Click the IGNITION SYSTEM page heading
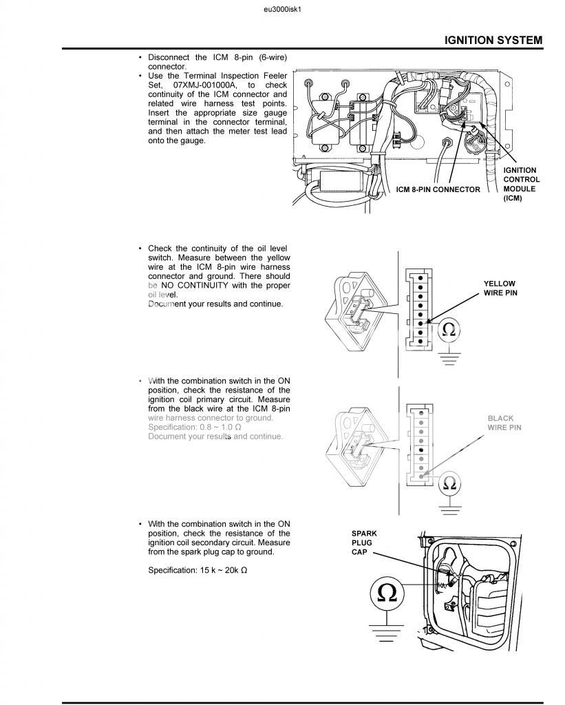pos(493,40)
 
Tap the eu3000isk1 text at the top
pos(283,10)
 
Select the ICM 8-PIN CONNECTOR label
pos(438,189)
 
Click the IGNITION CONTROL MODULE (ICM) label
pos(521,184)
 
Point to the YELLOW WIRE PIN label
pos(499,288)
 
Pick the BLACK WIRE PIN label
pos(504,423)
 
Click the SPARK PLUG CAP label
pos(364,543)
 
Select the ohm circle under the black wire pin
pos(449,482)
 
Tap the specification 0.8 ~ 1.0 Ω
pos(194,427)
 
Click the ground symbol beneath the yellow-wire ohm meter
pos(449,358)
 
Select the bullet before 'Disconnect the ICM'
pos(140,57)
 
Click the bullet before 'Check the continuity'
pos(140,248)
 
